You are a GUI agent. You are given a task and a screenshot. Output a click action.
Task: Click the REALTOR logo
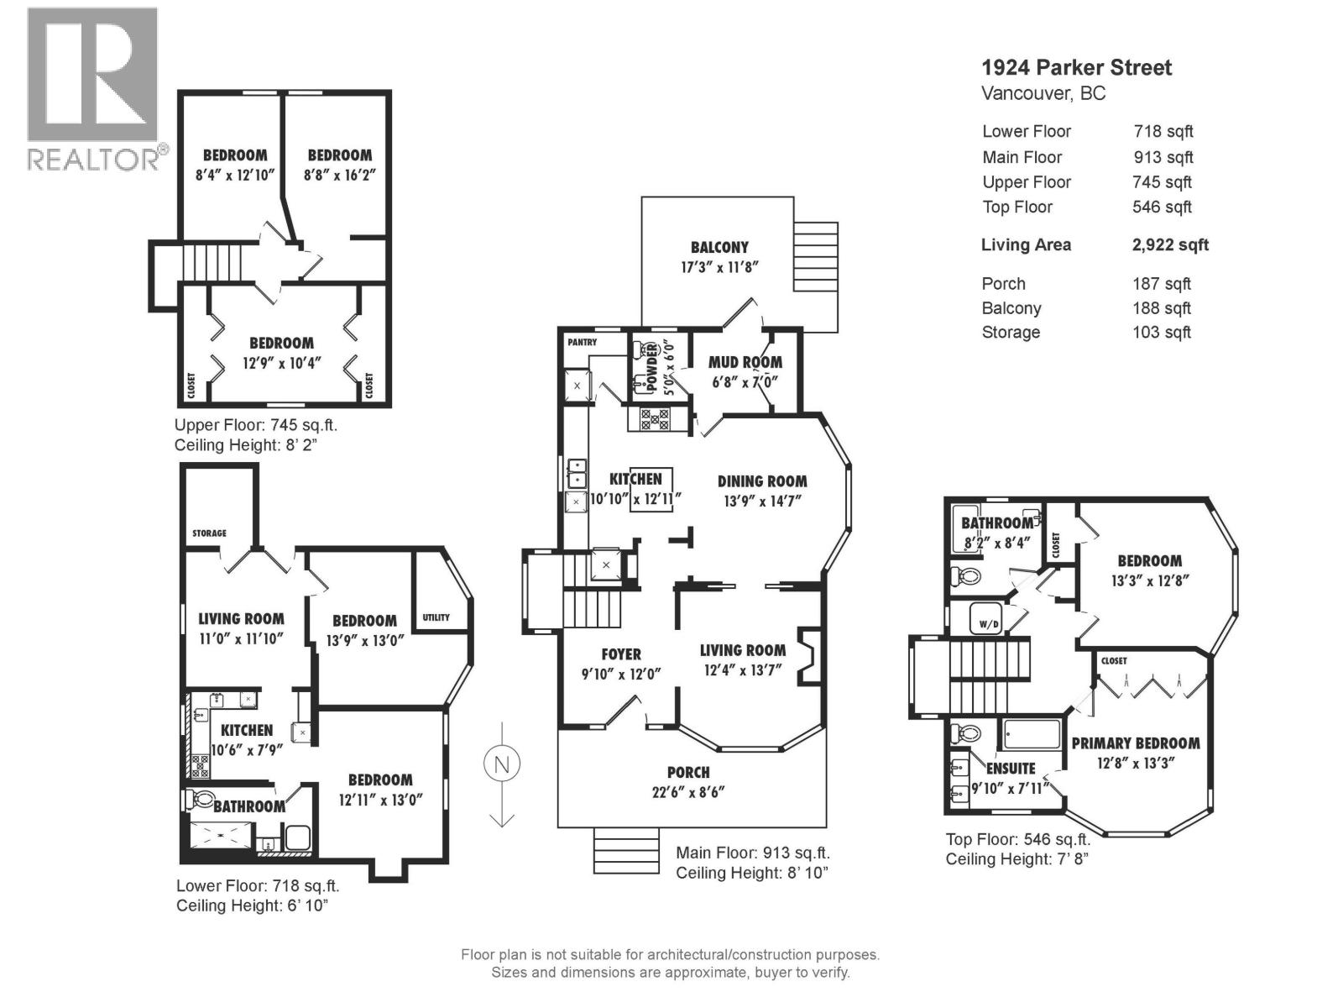coord(92,88)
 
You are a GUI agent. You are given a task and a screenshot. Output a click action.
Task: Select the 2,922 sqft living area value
coord(1170,245)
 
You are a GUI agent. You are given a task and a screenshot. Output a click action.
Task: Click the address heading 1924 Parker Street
coord(1077,68)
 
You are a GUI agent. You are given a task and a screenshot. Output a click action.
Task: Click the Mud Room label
coord(745,362)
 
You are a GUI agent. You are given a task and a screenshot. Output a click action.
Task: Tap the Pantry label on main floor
coord(582,343)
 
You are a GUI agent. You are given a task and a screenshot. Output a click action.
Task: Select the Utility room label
coord(436,617)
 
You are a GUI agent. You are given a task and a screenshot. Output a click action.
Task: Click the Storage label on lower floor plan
coord(209,533)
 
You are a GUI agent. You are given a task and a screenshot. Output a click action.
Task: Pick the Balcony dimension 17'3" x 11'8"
coord(719,268)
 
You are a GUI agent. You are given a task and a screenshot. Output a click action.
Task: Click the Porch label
coord(688,772)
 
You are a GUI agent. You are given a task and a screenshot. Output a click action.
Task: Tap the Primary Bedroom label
coord(1135,743)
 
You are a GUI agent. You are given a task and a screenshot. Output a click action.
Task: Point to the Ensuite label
coord(1011,769)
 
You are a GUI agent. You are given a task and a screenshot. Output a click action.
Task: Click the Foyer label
coord(621,654)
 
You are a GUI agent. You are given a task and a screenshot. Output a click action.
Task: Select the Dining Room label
coord(762,481)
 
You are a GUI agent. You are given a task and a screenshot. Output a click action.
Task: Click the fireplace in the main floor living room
coord(807,655)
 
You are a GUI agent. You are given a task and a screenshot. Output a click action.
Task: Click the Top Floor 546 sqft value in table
coord(1162,207)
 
